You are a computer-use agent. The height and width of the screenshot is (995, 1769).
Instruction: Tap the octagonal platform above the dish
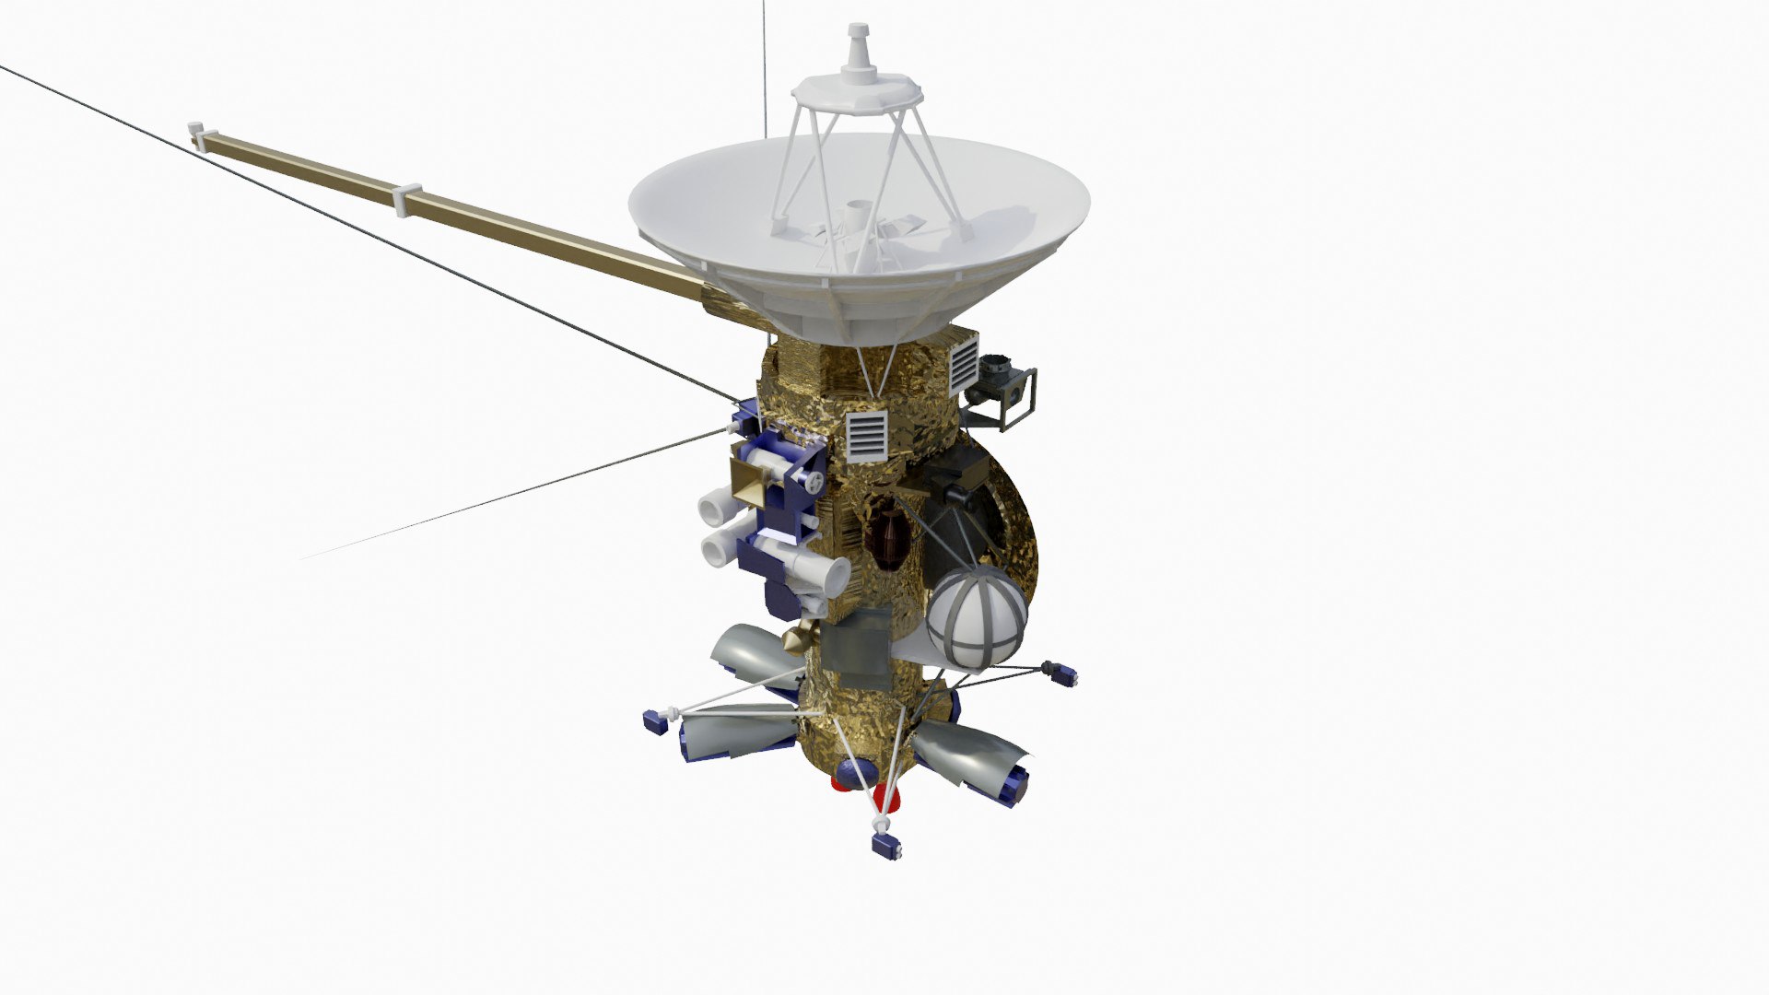tap(856, 91)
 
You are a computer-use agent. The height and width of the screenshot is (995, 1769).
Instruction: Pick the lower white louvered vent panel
tap(866, 436)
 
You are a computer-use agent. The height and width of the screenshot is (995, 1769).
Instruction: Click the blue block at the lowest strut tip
tap(886, 846)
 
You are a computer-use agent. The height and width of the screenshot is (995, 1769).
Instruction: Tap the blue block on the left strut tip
tap(656, 721)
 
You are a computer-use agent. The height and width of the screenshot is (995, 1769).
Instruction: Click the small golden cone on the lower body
tap(797, 638)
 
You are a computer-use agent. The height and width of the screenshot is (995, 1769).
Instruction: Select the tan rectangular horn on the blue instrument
tap(752, 482)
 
